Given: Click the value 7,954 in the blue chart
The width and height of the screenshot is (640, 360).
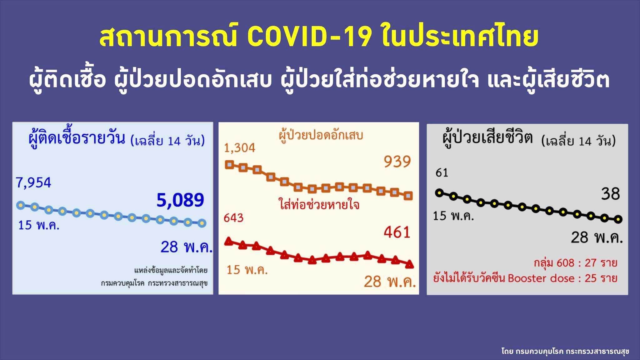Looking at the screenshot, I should pyautogui.click(x=33, y=182).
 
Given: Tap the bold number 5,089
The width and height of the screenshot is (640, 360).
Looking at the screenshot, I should pyautogui.click(x=180, y=200).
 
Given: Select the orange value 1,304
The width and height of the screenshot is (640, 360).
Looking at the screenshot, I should pyautogui.click(x=240, y=148).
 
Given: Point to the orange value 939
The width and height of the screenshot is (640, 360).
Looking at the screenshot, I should pyautogui.click(x=397, y=162).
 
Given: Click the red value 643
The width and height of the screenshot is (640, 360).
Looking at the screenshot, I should pyautogui.click(x=233, y=218).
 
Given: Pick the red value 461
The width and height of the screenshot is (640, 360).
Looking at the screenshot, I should pyautogui.click(x=397, y=232).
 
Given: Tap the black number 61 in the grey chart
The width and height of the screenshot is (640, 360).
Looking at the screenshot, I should pyautogui.click(x=442, y=172).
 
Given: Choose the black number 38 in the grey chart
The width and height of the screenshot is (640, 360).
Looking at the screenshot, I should pyautogui.click(x=610, y=194).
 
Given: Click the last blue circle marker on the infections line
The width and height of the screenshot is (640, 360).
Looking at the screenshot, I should pyautogui.click(x=202, y=223).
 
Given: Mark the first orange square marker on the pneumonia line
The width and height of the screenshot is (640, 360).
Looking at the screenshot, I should pyautogui.click(x=230, y=165).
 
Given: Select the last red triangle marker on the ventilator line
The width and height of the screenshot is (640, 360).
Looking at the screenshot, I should pyautogui.click(x=409, y=264).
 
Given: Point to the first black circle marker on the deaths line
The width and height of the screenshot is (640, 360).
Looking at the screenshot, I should pyautogui.click(x=439, y=193).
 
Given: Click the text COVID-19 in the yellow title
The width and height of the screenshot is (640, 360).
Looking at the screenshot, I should pyautogui.click(x=309, y=37).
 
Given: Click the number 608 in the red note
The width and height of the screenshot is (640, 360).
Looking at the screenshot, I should pyautogui.click(x=565, y=263).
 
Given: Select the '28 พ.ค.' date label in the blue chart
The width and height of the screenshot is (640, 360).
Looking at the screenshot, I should pyautogui.click(x=186, y=247).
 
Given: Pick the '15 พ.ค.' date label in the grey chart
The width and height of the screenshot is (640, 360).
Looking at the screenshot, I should pyautogui.click(x=453, y=216).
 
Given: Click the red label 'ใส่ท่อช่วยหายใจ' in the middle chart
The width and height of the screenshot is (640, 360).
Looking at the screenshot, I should pyautogui.click(x=319, y=205).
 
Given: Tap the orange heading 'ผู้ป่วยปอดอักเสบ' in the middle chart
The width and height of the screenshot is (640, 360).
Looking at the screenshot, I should pyautogui.click(x=321, y=136).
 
